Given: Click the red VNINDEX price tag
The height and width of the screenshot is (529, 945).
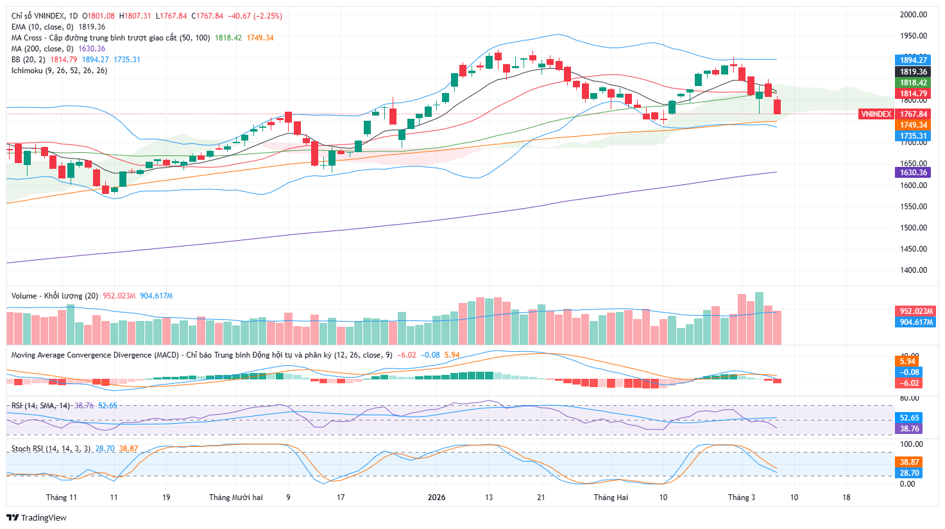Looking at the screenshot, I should click(x=876, y=114).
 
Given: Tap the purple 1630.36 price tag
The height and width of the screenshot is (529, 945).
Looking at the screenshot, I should click(x=914, y=173).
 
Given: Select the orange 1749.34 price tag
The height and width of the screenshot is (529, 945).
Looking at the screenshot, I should click(x=914, y=125).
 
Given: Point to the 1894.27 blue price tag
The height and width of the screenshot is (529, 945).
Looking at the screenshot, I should click(x=914, y=60).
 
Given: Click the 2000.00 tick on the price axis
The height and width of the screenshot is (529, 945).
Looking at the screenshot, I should click(x=914, y=15).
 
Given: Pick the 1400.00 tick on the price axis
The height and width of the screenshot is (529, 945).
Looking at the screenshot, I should click(x=914, y=270).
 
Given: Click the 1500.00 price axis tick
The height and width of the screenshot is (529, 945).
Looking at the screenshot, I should click(x=914, y=228).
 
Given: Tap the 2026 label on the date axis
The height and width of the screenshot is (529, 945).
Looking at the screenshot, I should click(x=436, y=498).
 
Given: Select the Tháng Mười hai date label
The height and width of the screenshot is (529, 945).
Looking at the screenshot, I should click(x=236, y=498).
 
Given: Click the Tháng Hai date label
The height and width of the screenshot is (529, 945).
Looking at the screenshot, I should click(x=611, y=498).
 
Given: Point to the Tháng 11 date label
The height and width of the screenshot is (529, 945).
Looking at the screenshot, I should click(x=62, y=498).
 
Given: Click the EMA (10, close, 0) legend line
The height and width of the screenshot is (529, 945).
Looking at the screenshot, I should click(x=42, y=27).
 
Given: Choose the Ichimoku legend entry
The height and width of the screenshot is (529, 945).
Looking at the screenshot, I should click(x=59, y=71).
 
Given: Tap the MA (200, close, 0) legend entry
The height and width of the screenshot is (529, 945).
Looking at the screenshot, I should click(x=43, y=49).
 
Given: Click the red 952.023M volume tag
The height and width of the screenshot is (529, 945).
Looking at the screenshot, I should click(x=915, y=311).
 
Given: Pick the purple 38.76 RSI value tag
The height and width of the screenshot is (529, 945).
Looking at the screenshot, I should click(x=909, y=429).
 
